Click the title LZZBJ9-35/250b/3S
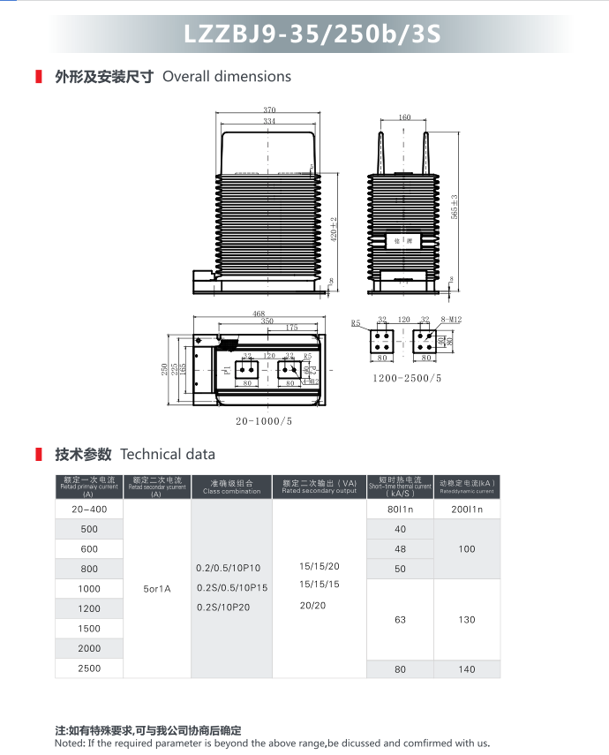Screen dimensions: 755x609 [312, 34]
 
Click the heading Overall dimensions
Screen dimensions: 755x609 [227, 77]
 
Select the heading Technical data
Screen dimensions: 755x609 [168, 455]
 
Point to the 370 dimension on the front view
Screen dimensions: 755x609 [268, 111]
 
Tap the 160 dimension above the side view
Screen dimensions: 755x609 [404, 117]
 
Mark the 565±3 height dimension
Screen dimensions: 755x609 [455, 207]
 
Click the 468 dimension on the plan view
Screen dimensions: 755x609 [259, 314]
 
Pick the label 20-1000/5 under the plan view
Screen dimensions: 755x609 [264, 421]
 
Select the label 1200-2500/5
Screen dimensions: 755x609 [406, 378]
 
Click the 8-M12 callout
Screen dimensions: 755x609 [452, 320]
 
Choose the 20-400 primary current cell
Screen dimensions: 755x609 [88, 510]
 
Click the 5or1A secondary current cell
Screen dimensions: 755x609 [156, 588]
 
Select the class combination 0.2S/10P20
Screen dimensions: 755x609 [223, 607]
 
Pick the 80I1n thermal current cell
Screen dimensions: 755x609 [400, 510]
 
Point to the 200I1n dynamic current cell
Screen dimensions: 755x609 [468, 510]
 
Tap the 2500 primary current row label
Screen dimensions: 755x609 [88, 668]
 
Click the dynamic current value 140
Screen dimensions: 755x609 [467, 669]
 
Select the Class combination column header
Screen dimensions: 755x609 [231, 487]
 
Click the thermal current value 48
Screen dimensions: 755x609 [400, 549]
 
